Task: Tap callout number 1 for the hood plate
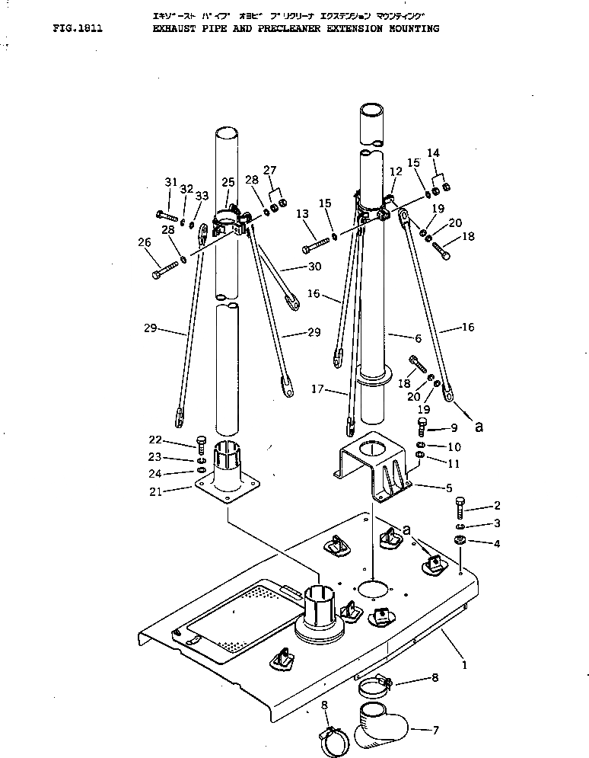(465, 664)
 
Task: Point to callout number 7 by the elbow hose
(435, 730)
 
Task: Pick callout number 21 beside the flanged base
(154, 491)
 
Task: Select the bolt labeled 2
(461, 507)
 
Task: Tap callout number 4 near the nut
(496, 543)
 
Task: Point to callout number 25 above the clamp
(228, 181)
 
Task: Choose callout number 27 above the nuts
(269, 170)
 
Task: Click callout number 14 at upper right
(434, 152)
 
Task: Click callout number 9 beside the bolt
(454, 427)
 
